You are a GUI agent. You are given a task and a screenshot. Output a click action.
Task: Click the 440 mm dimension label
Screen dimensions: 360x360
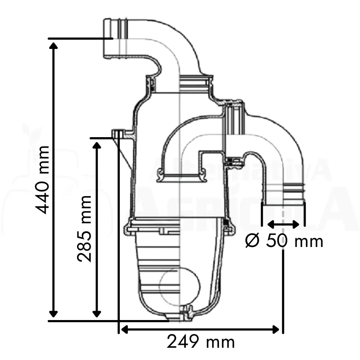point(42,180)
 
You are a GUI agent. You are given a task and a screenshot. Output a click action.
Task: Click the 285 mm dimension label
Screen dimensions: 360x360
point(85,229)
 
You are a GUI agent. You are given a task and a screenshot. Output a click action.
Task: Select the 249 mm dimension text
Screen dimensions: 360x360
point(201,342)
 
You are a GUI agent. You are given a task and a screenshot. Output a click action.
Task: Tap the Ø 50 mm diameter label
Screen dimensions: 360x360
point(284,240)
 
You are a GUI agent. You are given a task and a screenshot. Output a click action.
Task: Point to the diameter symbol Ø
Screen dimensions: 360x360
point(252,240)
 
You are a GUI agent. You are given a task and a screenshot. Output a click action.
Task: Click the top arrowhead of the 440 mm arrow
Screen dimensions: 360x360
point(54,46)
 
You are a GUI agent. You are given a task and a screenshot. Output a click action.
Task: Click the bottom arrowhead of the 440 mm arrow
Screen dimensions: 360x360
point(54,314)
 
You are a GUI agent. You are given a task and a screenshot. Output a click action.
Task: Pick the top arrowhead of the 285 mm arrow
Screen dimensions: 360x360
point(96,145)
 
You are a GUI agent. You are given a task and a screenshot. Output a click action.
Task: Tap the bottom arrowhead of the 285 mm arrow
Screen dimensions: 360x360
point(96,314)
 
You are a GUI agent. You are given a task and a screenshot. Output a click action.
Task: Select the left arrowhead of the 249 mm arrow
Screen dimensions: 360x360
point(124,330)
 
